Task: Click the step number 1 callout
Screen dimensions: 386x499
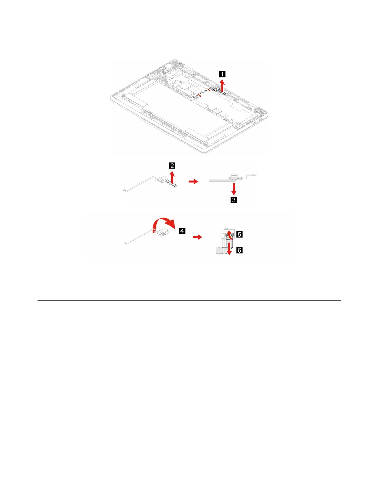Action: click(x=222, y=74)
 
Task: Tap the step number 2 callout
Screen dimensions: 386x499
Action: click(x=172, y=166)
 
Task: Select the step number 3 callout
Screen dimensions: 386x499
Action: click(x=234, y=200)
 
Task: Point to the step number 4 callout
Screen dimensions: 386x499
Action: click(x=182, y=231)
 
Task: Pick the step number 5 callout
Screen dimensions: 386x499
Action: click(x=240, y=234)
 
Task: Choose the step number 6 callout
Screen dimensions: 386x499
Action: click(x=240, y=250)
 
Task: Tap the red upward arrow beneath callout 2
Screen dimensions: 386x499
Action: click(x=172, y=177)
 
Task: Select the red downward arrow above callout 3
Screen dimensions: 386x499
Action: click(x=234, y=189)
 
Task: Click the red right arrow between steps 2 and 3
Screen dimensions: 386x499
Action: click(x=193, y=182)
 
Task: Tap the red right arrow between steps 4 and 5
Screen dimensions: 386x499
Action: click(x=197, y=237)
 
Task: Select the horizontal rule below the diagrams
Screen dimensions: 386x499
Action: click(x=189, y=301)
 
